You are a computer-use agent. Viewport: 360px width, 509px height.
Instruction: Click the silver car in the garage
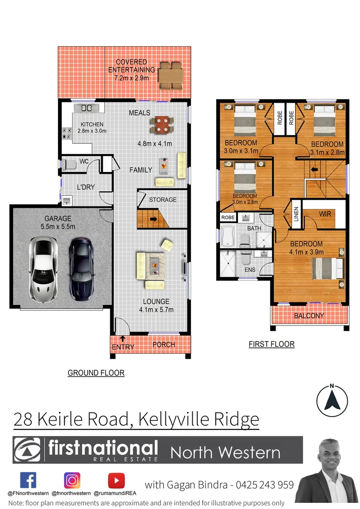click(x=43, y=269)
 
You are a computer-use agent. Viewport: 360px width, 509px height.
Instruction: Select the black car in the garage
click(x=82, y=269)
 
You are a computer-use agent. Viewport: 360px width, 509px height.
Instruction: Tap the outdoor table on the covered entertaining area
click(x=170, y=75)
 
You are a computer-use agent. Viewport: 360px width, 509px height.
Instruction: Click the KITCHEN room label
click(x=91, y=124)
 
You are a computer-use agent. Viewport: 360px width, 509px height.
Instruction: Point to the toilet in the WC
click(x=70, y=165)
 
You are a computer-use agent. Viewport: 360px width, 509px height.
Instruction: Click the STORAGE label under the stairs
click(x=163, y=199)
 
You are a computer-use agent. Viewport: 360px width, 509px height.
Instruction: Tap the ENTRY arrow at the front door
click(x=122, y=338)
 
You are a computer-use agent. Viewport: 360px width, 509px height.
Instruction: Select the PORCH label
click(x=164, y=345)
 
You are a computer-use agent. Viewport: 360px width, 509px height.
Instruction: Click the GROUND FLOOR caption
click(x=96, y=373)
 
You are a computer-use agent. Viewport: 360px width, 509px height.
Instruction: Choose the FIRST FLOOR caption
click(x=271, y=344)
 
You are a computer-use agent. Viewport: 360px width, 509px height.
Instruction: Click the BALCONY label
click(x=309, y=316)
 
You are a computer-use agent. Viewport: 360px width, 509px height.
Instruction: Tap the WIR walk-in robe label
click(x=325, y=214)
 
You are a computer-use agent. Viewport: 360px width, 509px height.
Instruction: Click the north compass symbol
click(x=332, y=399)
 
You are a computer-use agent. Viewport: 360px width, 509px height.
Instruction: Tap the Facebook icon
click(x=28, y=480)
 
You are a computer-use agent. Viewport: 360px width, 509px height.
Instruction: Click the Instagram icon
click(x=72, y=480)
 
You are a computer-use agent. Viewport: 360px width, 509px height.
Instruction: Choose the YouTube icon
click(x=116, y=480)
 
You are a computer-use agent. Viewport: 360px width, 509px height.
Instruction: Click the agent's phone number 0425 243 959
click(x=265, y=484)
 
